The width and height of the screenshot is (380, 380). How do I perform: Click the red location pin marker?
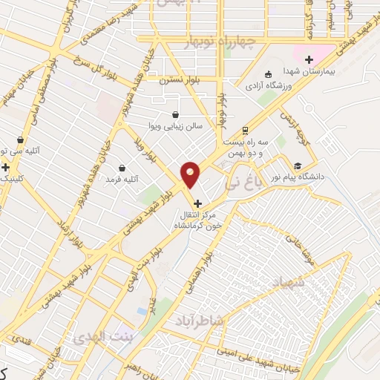click(x=191, y=175)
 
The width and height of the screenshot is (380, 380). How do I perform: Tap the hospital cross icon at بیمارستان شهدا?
click(x=309, y=60)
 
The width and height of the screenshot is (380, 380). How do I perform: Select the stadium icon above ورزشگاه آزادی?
click(x=268, y=74)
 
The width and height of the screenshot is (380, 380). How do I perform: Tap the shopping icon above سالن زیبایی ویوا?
click(x=174, y=115)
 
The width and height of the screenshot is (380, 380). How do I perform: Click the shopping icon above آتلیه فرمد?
click(x=122, y=168)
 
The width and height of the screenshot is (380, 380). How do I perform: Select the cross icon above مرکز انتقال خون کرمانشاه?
click(x=197, y=203)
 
